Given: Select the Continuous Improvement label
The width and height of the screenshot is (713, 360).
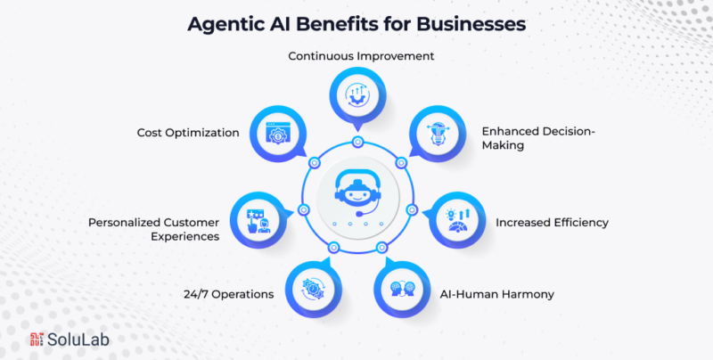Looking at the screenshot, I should coord(360,55).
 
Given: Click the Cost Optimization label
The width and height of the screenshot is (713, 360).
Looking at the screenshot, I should coord(187,132).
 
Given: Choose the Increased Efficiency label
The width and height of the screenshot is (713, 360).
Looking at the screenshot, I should coord(552,220).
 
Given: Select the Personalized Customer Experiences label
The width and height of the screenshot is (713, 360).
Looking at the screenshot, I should coord(152,228).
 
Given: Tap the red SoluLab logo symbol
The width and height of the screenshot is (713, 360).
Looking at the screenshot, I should coord(37,340).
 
